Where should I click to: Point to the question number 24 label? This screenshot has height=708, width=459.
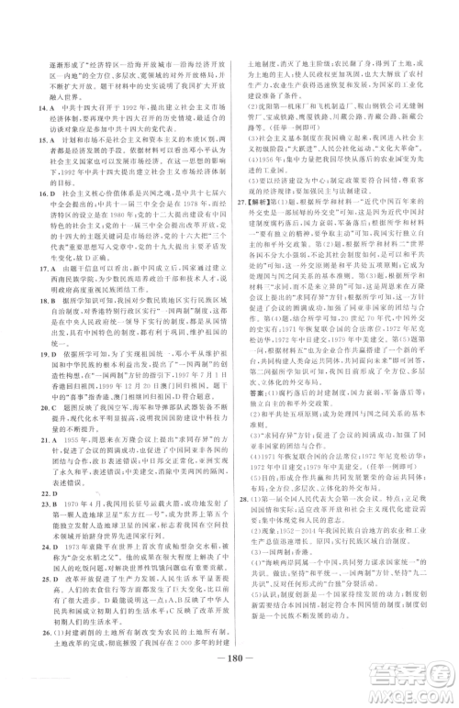tap(30, 550)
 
